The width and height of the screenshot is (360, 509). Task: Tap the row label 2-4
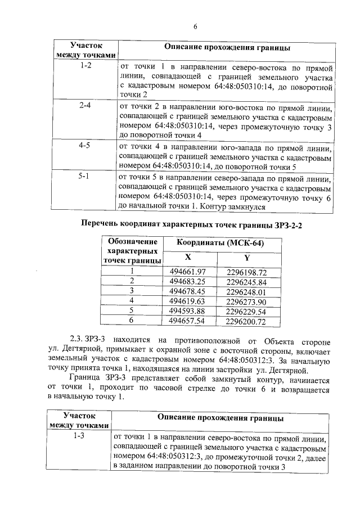(85, 105)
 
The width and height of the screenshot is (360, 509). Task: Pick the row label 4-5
(85, 145)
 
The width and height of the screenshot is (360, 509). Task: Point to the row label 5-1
(85, 175)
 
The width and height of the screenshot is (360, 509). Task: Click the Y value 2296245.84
(246, 281)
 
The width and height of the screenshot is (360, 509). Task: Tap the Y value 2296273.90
(246, 301)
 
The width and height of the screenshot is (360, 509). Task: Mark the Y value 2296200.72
(246, 321)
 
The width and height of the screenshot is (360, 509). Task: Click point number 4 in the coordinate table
(132, 301)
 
